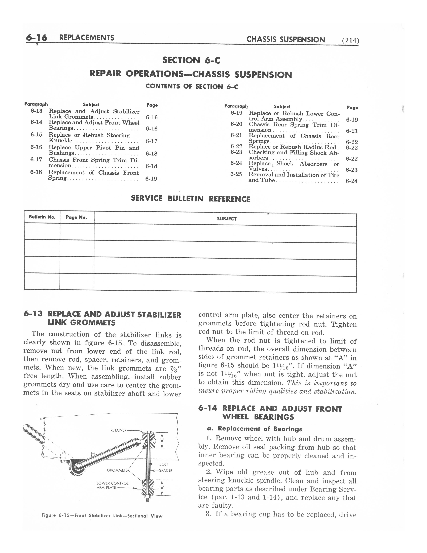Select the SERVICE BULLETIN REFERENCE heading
tap(190, 199)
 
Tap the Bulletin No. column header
tap(42, 217)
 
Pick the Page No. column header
tap(76, 217)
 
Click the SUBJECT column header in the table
tap(227, 219)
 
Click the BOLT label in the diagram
tap(164, 464)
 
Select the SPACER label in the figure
tap(165, 470)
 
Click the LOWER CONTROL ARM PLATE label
tap(112, 485)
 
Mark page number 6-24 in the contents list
tap(351, 181)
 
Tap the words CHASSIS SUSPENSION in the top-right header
tap(286, 40)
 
